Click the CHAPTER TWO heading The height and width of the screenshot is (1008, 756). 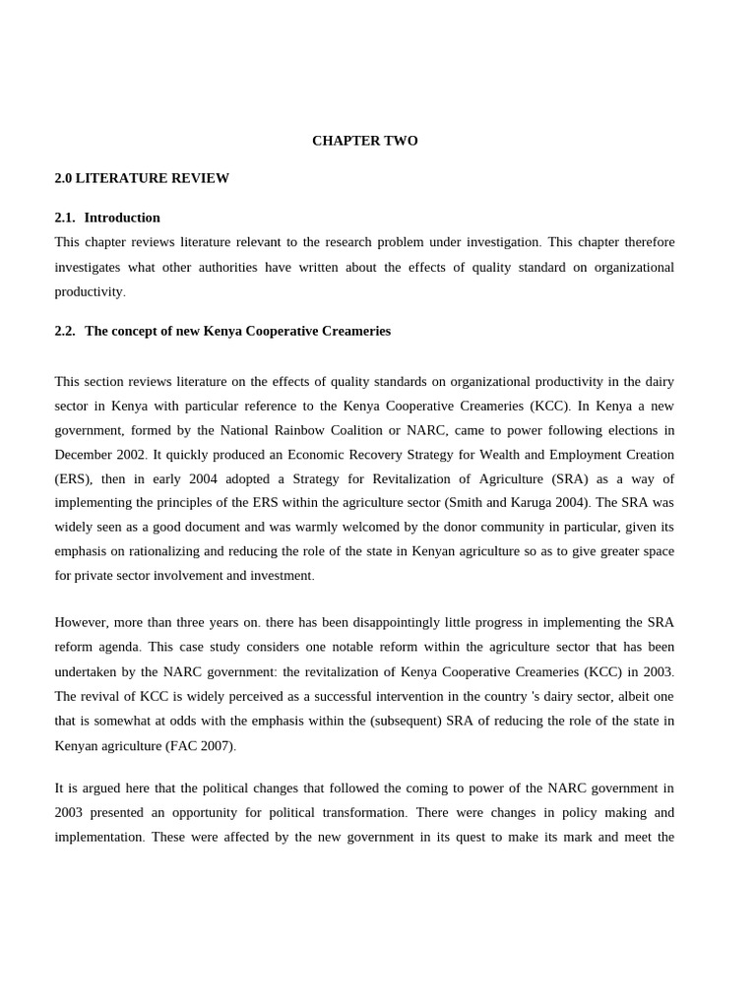[364, 141]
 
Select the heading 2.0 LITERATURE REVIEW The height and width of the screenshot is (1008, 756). [142, 178]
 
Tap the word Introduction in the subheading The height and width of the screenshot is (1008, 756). [122, 218]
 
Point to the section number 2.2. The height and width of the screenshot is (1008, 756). [65, 331]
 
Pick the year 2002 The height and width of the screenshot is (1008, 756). [130, 455]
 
